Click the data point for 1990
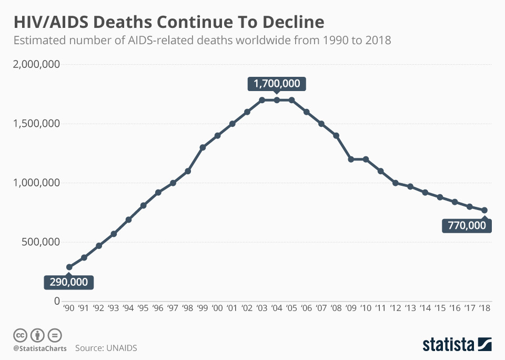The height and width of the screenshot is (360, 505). click(x=69, y=267)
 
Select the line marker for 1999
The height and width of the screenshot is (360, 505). click(x=203, y=147)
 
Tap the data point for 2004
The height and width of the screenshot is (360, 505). click(x=277, y=100)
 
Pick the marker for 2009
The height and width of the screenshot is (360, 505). click(x=351, y=159)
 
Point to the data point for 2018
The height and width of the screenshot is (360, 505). click(x=484, y=210)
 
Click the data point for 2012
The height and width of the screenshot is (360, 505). click(x=396, y=183)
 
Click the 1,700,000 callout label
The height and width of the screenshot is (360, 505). click(x=277, y=83)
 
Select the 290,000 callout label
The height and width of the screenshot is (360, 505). click(x=69, y=282)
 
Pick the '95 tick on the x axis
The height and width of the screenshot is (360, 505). click(x=143, y=309)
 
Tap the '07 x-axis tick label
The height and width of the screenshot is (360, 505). click(x=321, y=309)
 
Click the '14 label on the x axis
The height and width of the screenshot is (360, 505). click(x=425, y=309)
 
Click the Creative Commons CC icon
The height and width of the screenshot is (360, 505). click(x=20, y=335)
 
